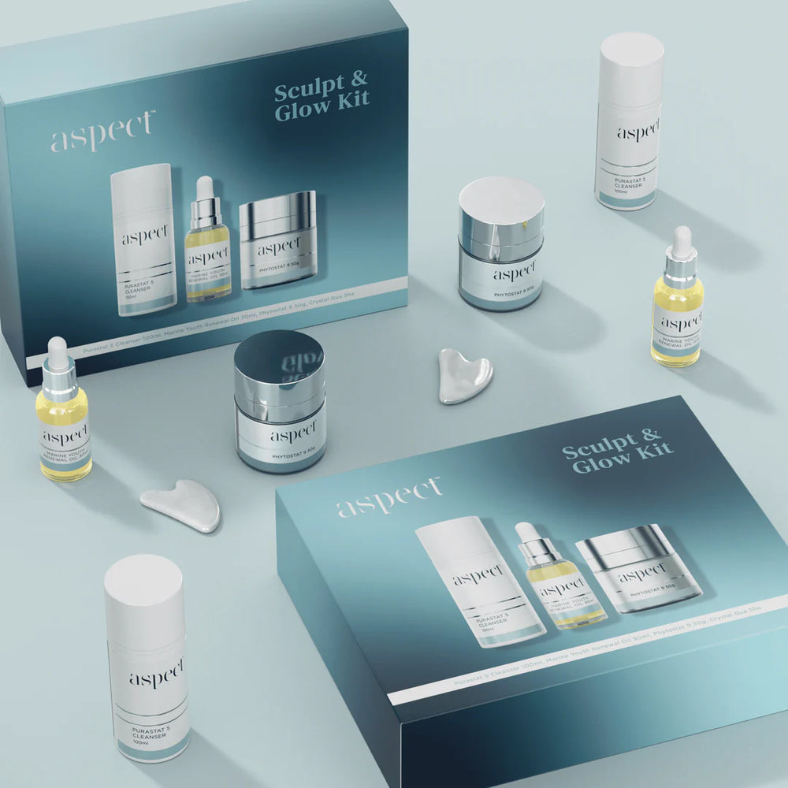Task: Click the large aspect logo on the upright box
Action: point(102,131)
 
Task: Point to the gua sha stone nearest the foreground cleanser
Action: point(182,505)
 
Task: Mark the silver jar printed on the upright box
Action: point(278,240)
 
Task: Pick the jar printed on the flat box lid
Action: point(638,567)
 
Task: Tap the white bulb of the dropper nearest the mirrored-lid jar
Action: point(58,348)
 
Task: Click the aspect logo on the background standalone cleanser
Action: point(637,132)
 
